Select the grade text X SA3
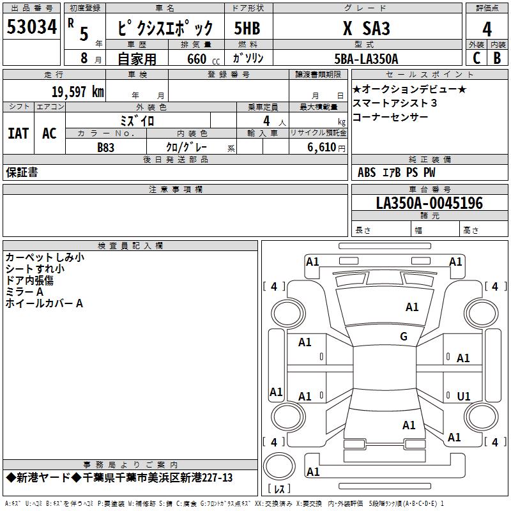366,28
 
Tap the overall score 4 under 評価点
487,29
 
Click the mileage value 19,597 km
77,91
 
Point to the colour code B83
106,148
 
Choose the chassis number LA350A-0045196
429,204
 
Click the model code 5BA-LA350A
366,59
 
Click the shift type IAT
19,133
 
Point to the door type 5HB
247,29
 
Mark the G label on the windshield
403,337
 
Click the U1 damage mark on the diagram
464,397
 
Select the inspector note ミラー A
24,292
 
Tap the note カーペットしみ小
44,257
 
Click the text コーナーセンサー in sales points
390,117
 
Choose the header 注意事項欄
176,190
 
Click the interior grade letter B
497,58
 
